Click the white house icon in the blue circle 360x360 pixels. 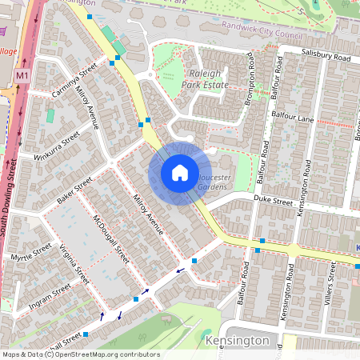coord(180,173)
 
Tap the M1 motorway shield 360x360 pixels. coord(21,74)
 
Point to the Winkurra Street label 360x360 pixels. coord(58,146)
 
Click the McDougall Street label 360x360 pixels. coord(110,239)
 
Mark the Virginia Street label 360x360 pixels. coord(72,265)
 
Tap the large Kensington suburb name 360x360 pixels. coord(238,340)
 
